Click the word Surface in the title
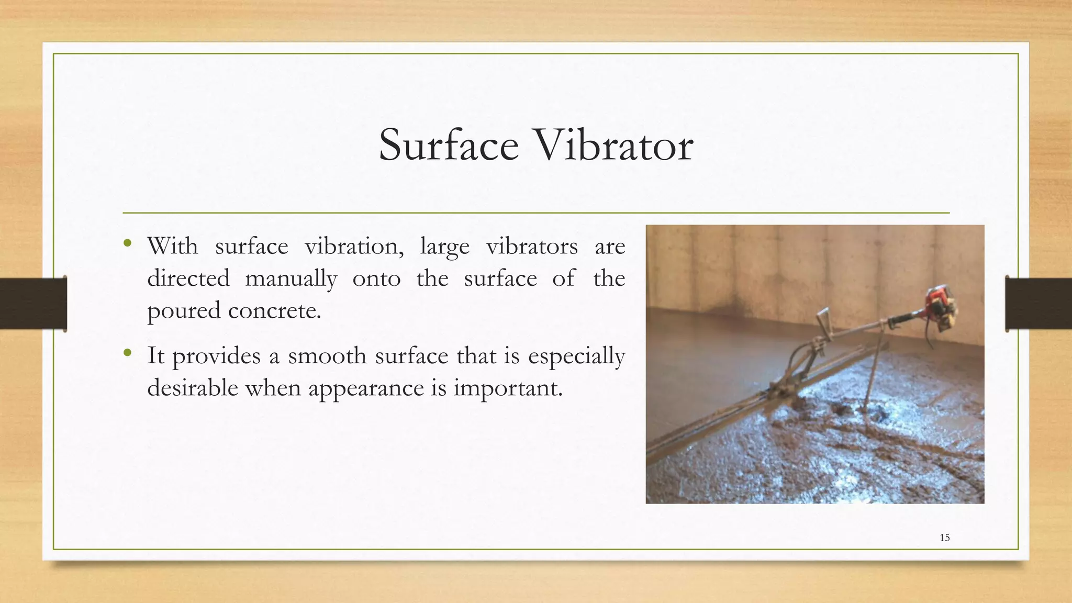pyautogui.click(x=449, y=145)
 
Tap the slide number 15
pyautogui.click(x=944, y=538)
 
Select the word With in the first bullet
pyautogui.click(x=173, y=246)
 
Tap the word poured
pyautogui.click(x=184, y=311)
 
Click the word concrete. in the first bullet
pyautogui.click(x=274, y=311)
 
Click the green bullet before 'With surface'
pyautogui.click(x=127, y=242)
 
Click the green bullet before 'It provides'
pyautogui.click(x=127, y=352)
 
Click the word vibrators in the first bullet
pyautogui.click(x=532, y=246)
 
